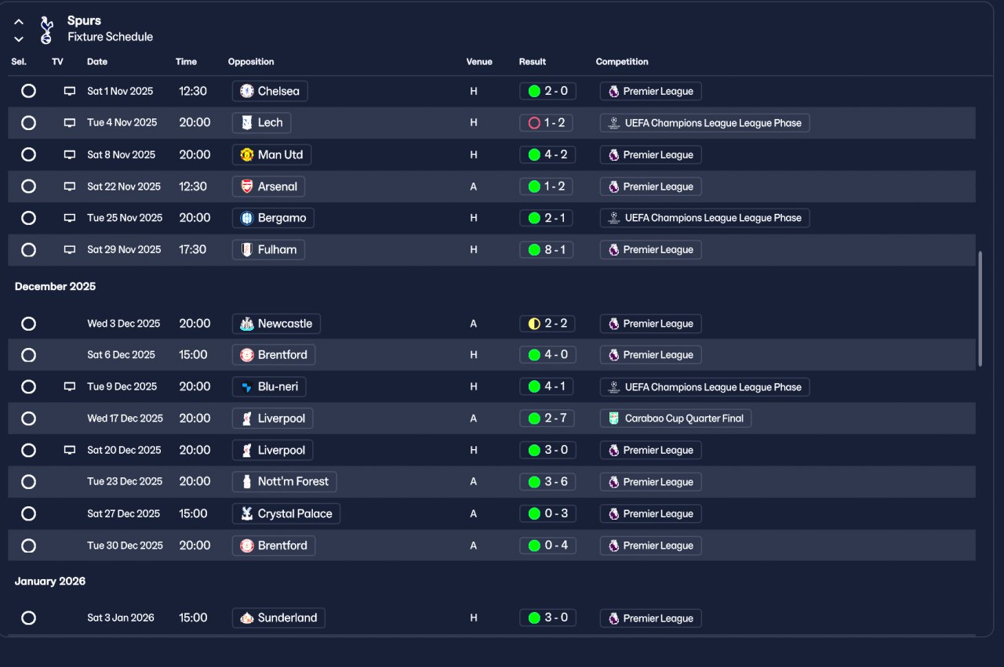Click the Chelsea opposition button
[270, 91]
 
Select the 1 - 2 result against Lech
[547, 123]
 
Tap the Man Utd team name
[280, 154]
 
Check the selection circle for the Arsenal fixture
[28, 187]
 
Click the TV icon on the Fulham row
[70, 250]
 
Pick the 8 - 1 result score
[547, 250]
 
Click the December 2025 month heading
[55, 287]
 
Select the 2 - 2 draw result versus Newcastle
[547, 324]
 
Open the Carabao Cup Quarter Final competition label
[675, 419]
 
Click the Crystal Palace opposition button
[286, 514]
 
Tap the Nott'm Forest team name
[293, 481]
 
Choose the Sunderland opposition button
[278, 618]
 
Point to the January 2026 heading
[50, 582]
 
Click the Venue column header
[479, 62]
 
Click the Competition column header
[622, 62]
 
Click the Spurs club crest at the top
[46, 29]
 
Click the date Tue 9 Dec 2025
[122, 386]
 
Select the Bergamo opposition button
[273, 218]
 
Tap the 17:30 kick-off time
[193, 250]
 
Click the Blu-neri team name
[278, 386]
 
